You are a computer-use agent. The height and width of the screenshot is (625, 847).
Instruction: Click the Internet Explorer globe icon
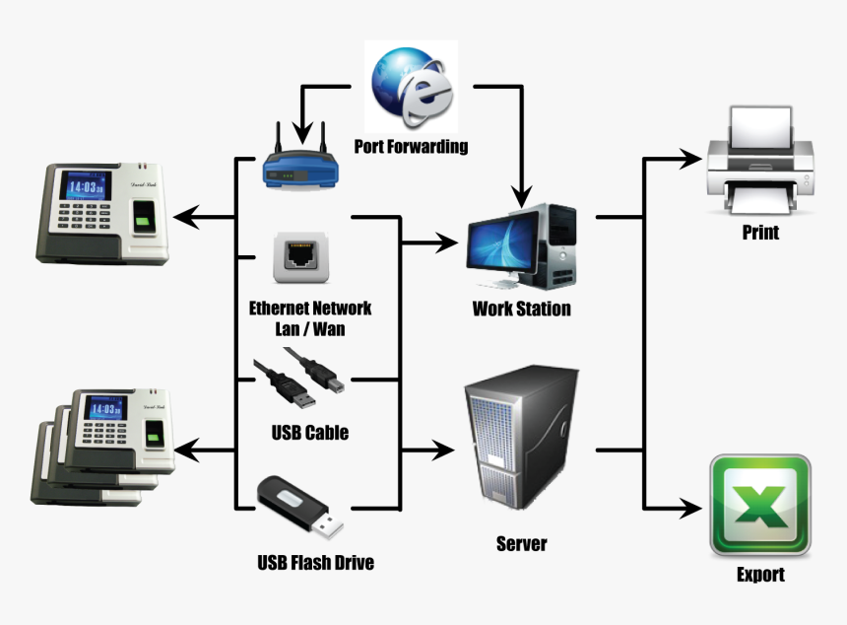tap(411, 88)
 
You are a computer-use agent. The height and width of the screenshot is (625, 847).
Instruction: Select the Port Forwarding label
tap(411, 147)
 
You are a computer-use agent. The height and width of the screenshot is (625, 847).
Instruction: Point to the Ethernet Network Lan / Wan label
tap(310, 318)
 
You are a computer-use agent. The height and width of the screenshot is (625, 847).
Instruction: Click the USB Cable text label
tap(309, 432)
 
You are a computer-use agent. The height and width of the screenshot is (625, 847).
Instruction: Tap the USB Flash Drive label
tap(315, 563)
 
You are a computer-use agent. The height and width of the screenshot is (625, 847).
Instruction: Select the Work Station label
tap(521, 309)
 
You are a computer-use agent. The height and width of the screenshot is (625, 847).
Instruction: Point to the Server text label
tap(521, 543)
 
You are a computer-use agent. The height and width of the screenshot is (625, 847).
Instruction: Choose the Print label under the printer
tap(759, 233)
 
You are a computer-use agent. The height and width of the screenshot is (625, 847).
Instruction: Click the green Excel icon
tap(759, 506)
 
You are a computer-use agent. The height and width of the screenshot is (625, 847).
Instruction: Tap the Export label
tap(760, 575)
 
